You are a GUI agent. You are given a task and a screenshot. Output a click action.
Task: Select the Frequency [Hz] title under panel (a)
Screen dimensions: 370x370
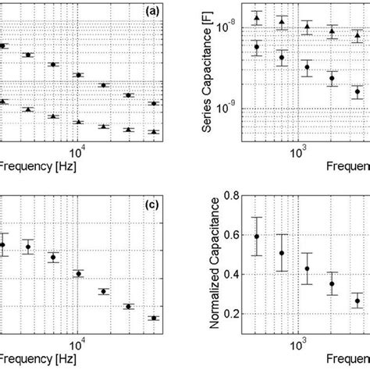(x=32, y=166)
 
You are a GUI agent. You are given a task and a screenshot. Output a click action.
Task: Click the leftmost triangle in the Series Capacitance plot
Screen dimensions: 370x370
(x=257, y=16)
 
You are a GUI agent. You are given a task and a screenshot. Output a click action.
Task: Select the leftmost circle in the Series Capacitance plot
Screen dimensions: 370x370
(x=257, y=47)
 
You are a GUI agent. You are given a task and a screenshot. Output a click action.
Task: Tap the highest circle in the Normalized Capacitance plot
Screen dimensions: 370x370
(x=257, y=236)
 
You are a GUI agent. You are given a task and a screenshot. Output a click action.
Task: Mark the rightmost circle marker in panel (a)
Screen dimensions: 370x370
(x=154, y=103)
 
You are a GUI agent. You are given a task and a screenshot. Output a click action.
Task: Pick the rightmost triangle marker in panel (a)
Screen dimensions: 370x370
(x=154, y=132)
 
